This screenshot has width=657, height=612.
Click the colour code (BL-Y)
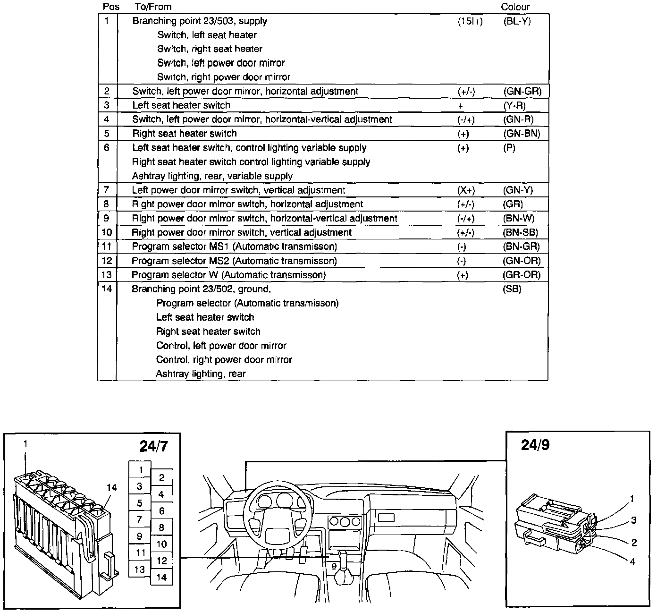tap(517, 21)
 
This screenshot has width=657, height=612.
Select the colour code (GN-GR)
tap(522, 91)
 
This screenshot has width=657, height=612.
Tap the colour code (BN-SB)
tap(521, 232)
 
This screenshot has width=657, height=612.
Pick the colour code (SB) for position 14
tap(512, 289)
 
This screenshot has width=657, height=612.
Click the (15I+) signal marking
tap(470, 21)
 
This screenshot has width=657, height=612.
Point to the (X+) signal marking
tap(466, 190)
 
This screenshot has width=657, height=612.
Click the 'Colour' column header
tap(515, 7)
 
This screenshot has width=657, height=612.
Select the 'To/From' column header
tap(153, 7)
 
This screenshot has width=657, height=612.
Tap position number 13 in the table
tap(107, 274)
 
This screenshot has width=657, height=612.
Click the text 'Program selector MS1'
tap(181, 246)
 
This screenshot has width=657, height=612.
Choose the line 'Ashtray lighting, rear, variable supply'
tap(212, 176)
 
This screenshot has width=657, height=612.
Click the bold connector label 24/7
tap(153, 446)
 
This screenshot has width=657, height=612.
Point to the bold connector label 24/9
tap(535, 445)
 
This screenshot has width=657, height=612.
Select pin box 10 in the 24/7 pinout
tap(161, 544)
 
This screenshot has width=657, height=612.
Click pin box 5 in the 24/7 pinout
tap(140, 503)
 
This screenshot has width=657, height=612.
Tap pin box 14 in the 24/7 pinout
tap(161, 577)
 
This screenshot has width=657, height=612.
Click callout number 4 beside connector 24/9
tap(632, 561)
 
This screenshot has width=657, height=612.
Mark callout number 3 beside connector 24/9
tap(633, 520)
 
